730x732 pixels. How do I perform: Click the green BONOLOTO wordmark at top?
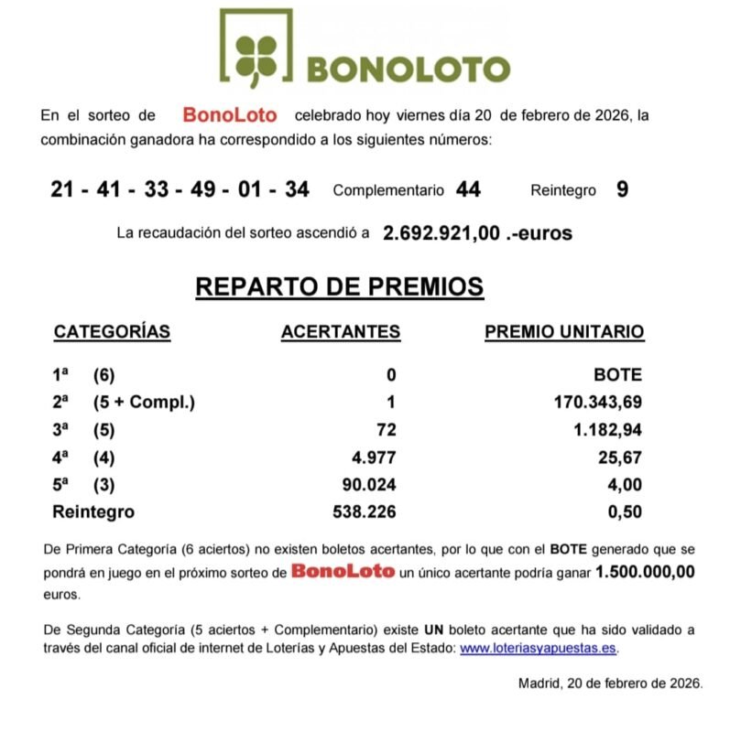407,70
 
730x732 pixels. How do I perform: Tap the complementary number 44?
468,189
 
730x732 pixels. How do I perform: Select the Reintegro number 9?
622,189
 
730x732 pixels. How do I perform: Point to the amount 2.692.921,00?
441,233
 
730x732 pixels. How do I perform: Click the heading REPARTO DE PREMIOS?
340,287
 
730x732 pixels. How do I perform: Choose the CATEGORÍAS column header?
112,332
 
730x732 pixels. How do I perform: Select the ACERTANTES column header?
340,332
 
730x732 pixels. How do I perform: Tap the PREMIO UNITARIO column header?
563,332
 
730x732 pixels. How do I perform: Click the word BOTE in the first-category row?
619,375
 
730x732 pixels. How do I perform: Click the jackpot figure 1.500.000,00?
645,572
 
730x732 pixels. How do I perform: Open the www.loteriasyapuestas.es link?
538,649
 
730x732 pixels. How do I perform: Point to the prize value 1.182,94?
606,430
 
